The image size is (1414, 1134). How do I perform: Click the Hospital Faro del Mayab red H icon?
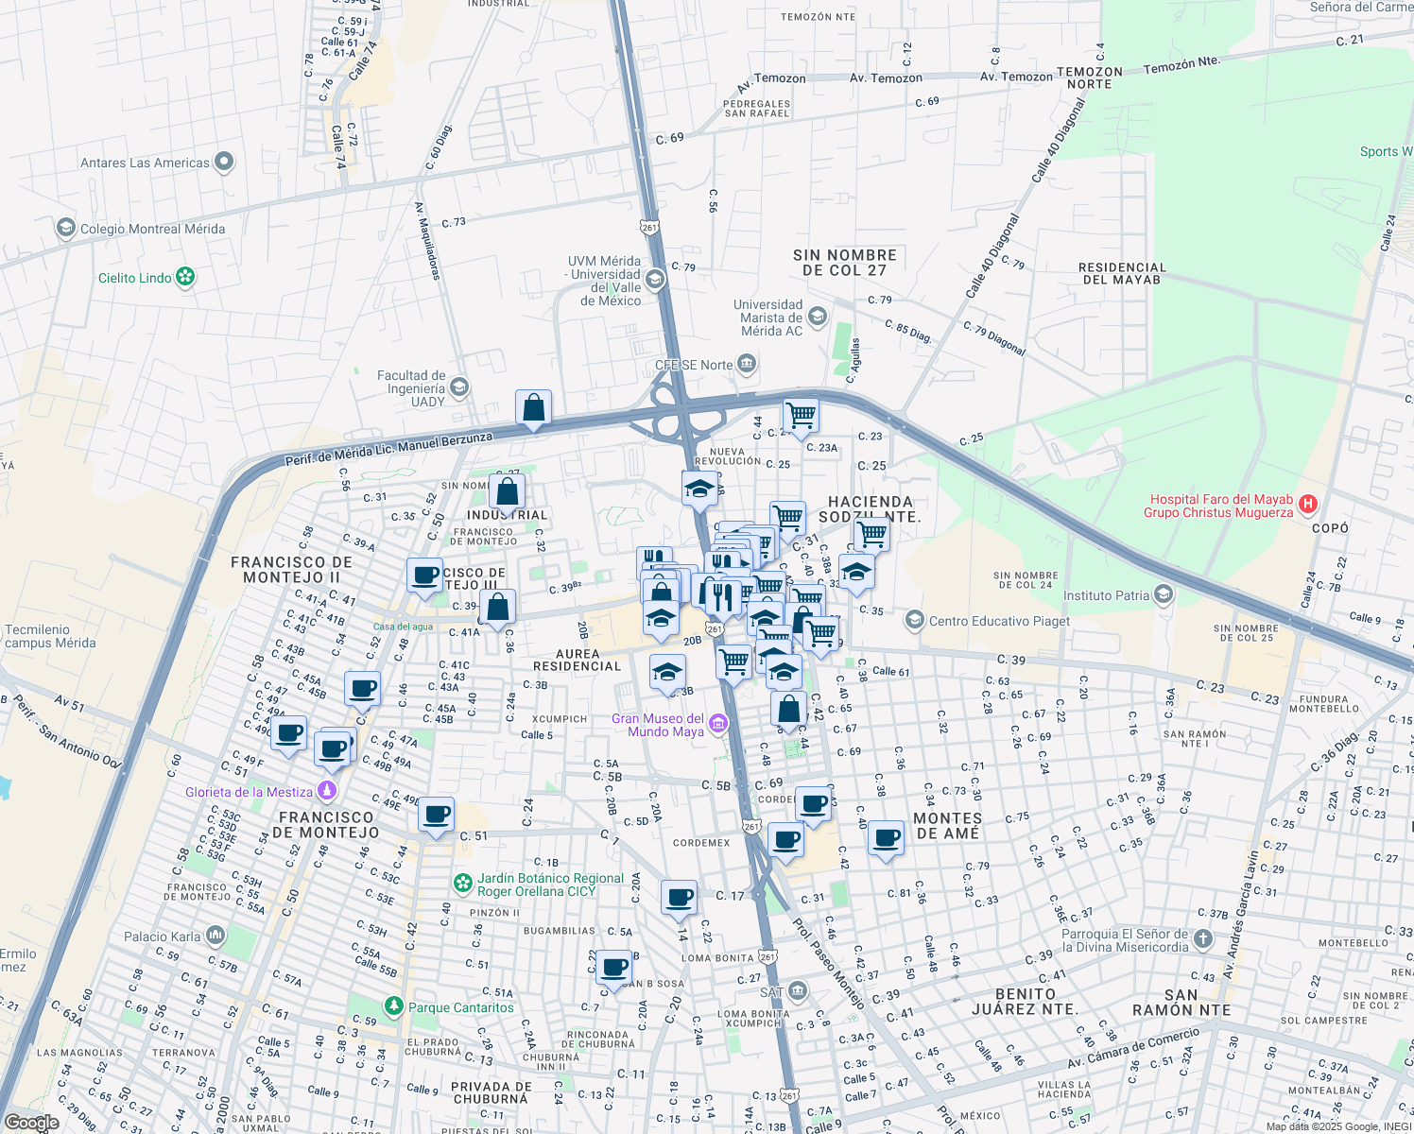pyautogui.click(x=1307, y=505)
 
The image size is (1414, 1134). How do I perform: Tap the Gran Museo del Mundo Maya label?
pyautogui.click(x=658, y=725)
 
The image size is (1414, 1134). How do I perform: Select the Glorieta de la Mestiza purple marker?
pyautogui.click(x=327, y=791)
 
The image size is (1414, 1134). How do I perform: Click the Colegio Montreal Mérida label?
pyautogui.click(x=152, y=229)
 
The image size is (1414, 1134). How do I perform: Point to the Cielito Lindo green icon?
pyautogui.click(x=186, y=277)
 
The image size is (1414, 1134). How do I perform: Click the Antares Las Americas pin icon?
pyautogui.click(x=224, y=162)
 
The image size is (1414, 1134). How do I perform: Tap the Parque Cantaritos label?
pyautogui.click(x=461, y=1007)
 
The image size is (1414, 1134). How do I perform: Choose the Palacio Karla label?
pyautogui.click(x=163, y=936)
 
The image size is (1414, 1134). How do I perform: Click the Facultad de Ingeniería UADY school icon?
pyautogui.click(x=459, y=387)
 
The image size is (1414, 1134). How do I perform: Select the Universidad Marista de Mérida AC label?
pyautogui.click(x=768, y=318)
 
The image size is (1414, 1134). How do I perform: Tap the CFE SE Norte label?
pyautogui.click(x=694, y=365)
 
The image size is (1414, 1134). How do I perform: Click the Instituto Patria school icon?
pyautogui.click(x=1164, y=594)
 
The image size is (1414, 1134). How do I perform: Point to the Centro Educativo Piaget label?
pyautogui.click(x=999, y=621)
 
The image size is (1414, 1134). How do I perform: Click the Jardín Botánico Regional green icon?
pyautogui.click(x=462, y=884)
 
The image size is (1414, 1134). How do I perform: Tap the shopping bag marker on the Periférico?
pyautogui.click(x=533, y=408)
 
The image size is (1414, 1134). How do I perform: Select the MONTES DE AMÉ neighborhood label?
pyautogui.click(x=948, y=825)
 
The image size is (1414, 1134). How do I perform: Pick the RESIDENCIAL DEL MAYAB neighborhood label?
pyautogui.click(x=1122, y=273)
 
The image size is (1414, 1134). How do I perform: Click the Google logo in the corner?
pyautogui.click(x=31, y=1122)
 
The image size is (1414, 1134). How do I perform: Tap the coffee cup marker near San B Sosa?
pyautogui.click(x=614, y=969)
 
